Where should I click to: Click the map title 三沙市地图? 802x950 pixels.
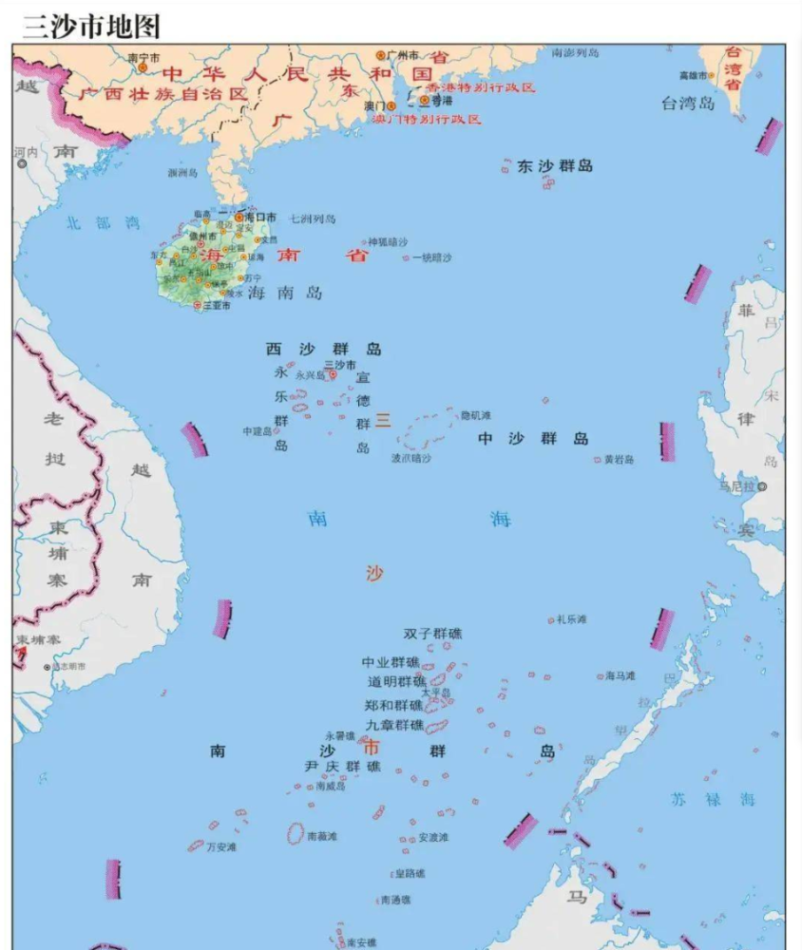[x=92, y=25]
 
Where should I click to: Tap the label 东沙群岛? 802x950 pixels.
[x=555, y=166]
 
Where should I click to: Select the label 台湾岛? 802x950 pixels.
[x=687, y=104]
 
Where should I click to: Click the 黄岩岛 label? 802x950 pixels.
[x=619, y=460]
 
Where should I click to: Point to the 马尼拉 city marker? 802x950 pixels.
[x=762, y=486]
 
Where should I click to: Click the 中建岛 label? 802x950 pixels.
[x=257, y=430]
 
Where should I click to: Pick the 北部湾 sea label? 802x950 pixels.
[x=103, y=223]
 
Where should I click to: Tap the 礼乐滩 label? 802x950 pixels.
[x=572, y=619]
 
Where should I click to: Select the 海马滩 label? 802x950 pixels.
[x=620, y=676]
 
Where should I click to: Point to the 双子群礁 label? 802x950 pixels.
[x=432, y=634]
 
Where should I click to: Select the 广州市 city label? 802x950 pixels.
[x=402, y=56]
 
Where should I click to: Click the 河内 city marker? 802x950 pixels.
[x=22, y=163]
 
